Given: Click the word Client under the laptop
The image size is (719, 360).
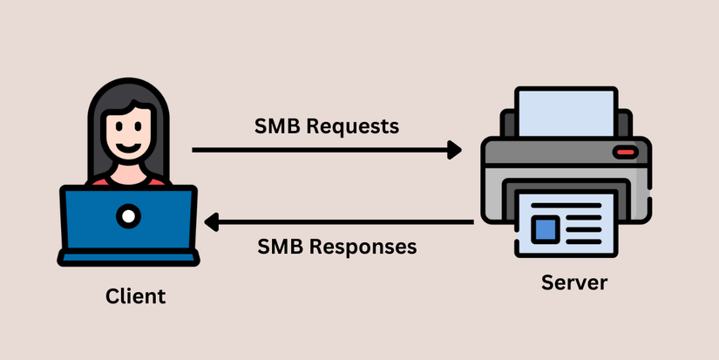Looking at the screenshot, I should tap(135, 296).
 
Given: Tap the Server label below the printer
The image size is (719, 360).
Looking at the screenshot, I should tap(573, 282).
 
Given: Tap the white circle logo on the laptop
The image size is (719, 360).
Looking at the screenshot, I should tap(128, 214).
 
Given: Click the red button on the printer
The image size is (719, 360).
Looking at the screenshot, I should tap(625, 154).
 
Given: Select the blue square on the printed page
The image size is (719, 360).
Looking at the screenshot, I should tap(546, 229).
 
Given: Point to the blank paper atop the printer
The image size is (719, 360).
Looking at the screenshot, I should tap(566, 113).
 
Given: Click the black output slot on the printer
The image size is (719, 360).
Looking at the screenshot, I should tap(566, 185).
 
